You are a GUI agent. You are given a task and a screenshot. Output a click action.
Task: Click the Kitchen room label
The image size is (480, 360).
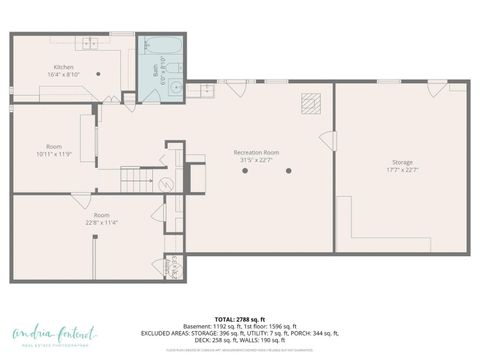coord(64,67)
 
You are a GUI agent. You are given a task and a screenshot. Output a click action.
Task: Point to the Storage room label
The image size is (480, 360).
coord(402,162)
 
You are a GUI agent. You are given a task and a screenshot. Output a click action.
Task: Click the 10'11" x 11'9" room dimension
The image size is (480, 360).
coord(54,154)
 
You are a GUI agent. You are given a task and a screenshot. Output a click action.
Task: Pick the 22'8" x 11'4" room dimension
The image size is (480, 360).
coord(102,223)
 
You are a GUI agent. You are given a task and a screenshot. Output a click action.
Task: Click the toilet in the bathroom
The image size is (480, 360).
coord(174,68)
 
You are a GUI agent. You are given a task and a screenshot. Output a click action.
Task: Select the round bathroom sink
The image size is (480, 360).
coord(175,88)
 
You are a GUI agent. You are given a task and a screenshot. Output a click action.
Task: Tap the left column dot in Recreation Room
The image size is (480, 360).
coord(245,170)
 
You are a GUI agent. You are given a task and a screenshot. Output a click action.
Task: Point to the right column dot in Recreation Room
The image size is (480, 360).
coord(288,170)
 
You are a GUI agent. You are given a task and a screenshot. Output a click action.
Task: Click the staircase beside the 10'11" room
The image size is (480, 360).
coord(134,180)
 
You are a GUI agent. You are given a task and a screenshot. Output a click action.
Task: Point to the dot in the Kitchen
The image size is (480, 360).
coord(98,73)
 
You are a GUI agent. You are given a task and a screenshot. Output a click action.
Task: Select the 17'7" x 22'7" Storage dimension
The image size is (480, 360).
coord(402,170)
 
